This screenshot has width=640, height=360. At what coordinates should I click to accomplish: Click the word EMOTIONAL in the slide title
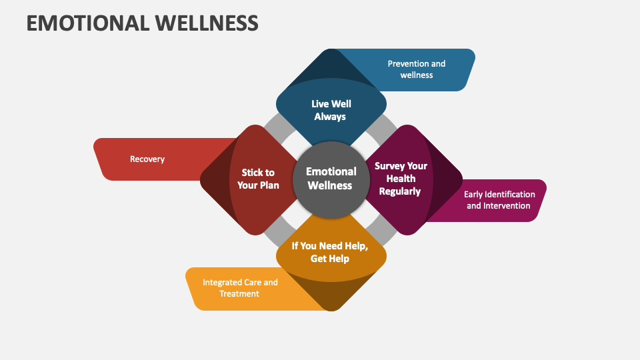tap(87, 23)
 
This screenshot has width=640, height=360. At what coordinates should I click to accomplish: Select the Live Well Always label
tap(331, 110)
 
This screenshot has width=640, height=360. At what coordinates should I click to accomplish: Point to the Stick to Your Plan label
tap(258, 179)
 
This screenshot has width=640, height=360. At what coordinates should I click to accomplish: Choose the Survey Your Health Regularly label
tap(401, 179)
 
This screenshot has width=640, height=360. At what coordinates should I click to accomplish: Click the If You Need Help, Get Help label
tap(330, 252)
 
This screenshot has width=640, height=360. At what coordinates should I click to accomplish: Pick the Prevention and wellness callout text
tap(417, 69)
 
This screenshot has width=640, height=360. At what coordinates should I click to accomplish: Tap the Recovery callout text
tap(147, 159)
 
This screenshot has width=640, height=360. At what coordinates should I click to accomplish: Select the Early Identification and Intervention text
tap(499, 200)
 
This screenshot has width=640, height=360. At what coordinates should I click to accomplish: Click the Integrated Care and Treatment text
tap(240, 288)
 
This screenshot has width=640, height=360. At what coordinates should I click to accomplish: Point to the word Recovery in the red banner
tap(147, 159)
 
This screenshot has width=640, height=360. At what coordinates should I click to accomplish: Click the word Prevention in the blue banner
tap(408, 64)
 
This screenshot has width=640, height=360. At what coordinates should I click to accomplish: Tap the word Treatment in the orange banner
tap(239, 294)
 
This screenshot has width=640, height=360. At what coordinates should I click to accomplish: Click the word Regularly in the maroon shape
tap(400, 191)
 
